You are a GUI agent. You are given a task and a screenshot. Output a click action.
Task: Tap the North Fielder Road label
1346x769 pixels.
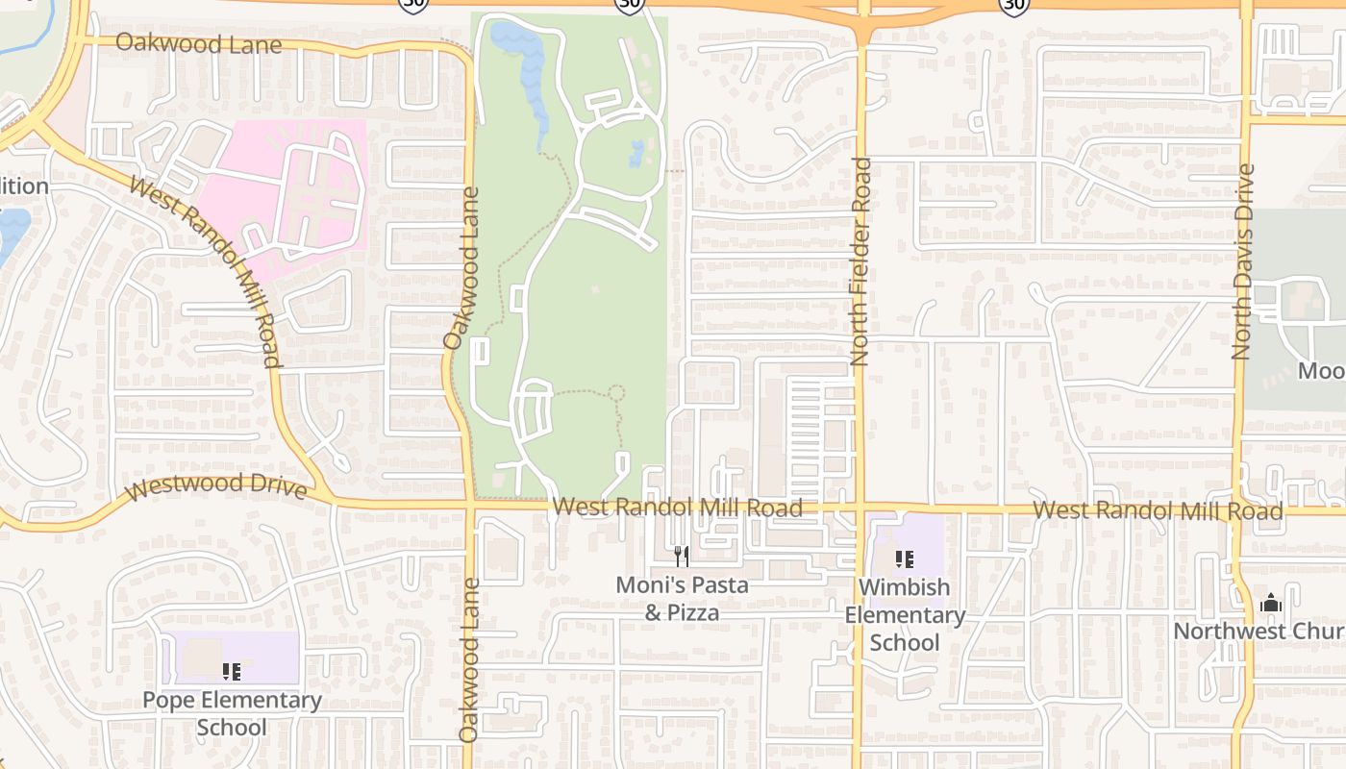[860, 261]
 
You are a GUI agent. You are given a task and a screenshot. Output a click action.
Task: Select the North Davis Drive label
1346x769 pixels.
[1244, 261]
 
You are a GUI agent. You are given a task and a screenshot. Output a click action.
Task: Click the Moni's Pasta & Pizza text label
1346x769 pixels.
[682, 598]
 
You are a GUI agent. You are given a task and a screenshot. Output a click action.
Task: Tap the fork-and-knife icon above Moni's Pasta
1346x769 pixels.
[681, 556]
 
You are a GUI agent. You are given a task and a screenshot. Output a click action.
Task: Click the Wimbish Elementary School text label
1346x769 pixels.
[904, 614]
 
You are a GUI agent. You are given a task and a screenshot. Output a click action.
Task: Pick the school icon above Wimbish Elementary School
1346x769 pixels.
[904, 558]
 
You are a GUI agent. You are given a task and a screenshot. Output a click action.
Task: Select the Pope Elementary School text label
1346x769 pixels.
[232, 713]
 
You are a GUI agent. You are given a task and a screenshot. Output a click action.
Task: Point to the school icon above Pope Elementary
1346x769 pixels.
[232, 671]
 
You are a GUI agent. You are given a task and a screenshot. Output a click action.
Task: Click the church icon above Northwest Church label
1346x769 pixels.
[1271, 604]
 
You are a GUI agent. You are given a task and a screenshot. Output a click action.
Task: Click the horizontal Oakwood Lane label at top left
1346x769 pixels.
[199, 44]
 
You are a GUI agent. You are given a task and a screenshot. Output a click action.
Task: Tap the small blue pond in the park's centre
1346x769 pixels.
[636, 152]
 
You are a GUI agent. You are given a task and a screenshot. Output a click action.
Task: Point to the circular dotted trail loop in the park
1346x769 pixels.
[616, 392]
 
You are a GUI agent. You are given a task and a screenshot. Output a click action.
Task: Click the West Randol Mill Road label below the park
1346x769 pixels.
[677, 507]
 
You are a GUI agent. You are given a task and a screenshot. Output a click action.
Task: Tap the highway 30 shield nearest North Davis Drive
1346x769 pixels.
[1014, 6]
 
